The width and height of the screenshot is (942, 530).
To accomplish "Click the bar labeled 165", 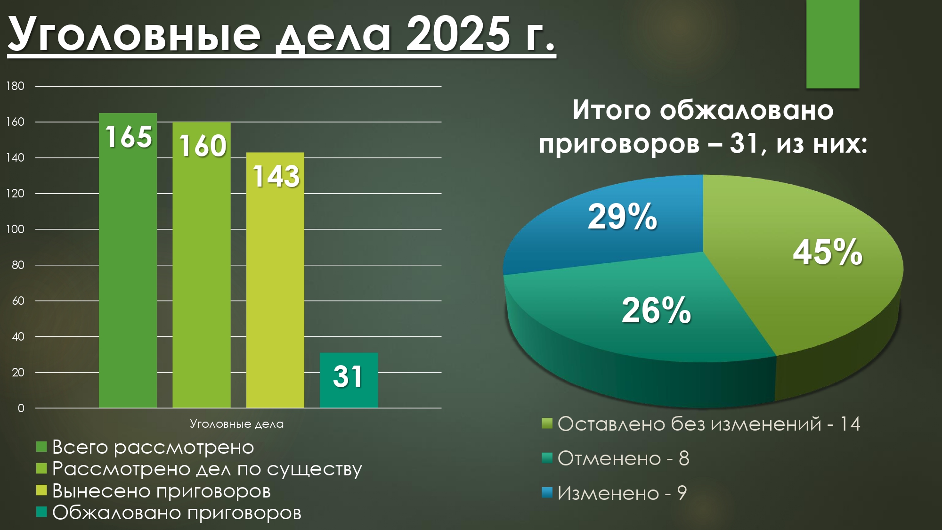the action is (x=128, y=260).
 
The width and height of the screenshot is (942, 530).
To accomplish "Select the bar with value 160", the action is (x=202, y=265).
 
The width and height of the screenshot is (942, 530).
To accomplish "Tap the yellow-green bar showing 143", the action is (x=275, y=280).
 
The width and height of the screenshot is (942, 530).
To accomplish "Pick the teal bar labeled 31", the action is (x=349, y=380).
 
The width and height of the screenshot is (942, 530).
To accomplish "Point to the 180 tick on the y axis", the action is (x=15, y=86).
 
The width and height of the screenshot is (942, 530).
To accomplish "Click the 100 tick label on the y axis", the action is (x=15, y=229).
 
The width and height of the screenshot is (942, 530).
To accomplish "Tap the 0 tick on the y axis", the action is (x=21, y=408).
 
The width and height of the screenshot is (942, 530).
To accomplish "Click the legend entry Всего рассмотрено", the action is (x=145, y=447).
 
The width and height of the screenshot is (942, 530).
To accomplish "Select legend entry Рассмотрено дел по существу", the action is (x=199, y=469).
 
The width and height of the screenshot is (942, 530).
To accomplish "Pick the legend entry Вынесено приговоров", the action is (x=154, y=491).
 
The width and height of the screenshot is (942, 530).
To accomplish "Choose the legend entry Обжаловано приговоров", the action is (x=169, y=513).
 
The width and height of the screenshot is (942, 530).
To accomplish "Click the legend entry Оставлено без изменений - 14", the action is (x=701, y=424).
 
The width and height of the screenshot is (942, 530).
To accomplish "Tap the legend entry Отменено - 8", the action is (x=616, y=458).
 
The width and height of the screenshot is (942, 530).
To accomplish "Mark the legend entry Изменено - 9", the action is (x=614, y=493).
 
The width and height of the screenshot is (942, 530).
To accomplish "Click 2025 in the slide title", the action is (x=458, y=34).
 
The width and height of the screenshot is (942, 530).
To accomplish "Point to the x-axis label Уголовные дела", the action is (x=237, y=424).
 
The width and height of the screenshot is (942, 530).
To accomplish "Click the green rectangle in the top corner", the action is (x=833, y=44).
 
